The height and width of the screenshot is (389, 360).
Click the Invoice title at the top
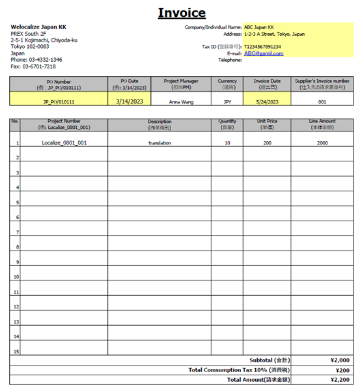coord(182,12)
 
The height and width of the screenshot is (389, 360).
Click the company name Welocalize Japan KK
coord(38,27)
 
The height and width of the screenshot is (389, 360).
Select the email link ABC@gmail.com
coord(264,53)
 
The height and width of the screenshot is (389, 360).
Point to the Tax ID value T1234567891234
coord(263,47)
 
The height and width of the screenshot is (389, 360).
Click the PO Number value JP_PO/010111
coord(59,101)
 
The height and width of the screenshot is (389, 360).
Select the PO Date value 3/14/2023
coord(130,101)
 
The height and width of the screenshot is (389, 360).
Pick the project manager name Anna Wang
coord(180,102)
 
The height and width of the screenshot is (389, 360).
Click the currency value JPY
coord(227,102)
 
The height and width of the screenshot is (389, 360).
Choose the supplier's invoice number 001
coord(322,102)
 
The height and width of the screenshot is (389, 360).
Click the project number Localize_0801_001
coord(64,142)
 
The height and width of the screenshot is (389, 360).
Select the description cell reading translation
coord(159,142)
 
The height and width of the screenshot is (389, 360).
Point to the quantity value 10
coord(227,142)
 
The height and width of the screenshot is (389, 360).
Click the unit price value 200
coord(267,142)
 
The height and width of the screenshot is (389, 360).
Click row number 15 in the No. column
coord(16,351)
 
